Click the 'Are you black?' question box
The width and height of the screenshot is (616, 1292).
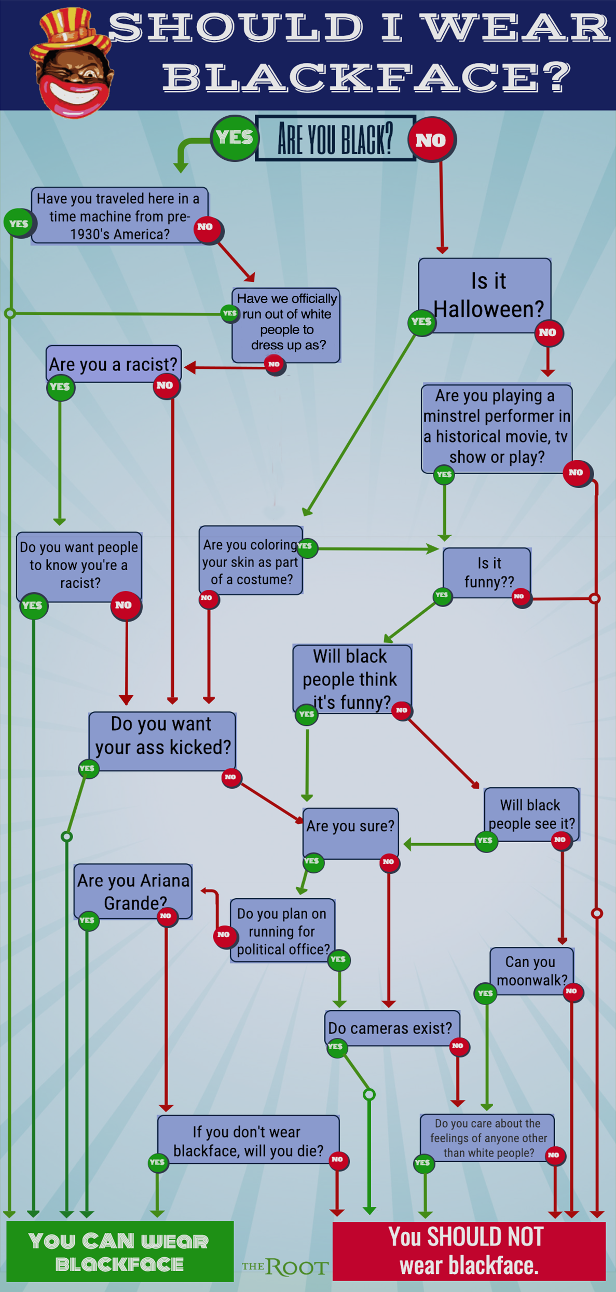coord(336,138)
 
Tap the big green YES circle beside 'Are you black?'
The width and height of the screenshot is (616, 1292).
coord(234,138)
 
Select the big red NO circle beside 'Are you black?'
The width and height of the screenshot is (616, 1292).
coord(431,140)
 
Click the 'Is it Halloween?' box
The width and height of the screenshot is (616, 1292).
coord(485,295)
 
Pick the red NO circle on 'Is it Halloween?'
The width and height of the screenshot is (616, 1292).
coord(548,333)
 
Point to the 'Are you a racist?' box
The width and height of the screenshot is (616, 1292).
coord(114,364)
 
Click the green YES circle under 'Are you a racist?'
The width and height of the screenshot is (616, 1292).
coord(60,387)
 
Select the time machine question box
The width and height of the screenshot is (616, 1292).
coord(119,216)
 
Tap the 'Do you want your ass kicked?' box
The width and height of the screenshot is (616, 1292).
coord(162,741)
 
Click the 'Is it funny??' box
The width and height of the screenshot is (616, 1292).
coord(487,572)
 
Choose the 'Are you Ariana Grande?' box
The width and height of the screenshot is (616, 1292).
coord(133,891)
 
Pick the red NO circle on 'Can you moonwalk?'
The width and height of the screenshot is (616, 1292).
coord(572,992)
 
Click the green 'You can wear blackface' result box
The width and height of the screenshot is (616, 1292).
coord(120,1251)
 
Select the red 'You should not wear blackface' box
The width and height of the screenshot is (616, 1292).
coord(469,1250)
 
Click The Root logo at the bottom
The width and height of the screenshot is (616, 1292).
coord(285,1267)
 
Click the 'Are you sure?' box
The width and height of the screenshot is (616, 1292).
coord(351,833)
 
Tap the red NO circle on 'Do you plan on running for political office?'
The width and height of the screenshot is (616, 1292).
coord(224,935)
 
